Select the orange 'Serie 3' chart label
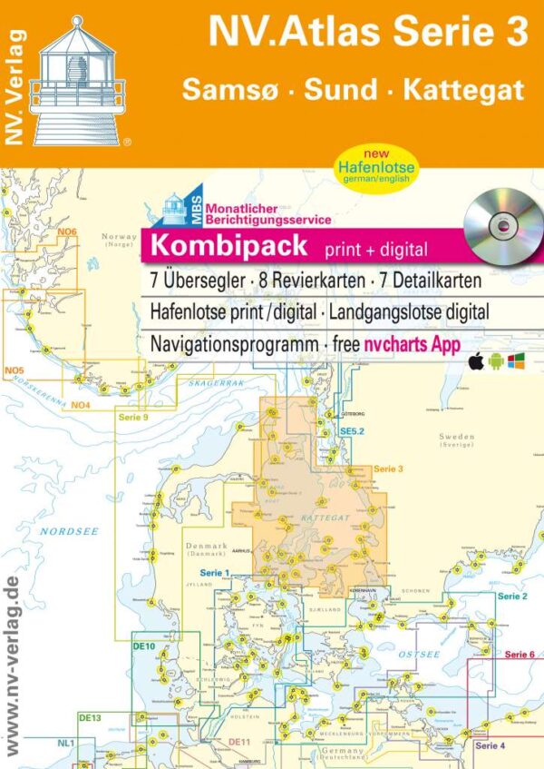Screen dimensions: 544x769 click(x=388, y=468)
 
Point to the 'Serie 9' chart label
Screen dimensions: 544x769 click(x=132, y=417)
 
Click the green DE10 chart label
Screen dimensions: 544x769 click(x=144, y=646)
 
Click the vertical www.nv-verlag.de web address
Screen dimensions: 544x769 click(x=13, y=663)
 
